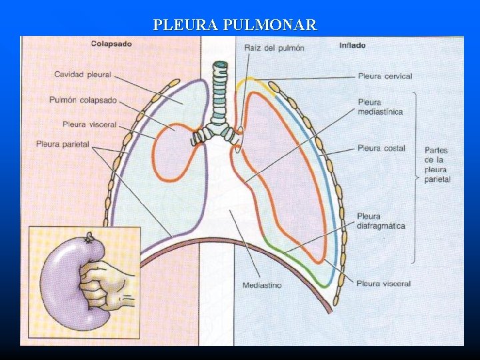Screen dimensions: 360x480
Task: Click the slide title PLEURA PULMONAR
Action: click(235, 25)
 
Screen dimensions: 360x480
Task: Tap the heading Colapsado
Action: click(111, 44)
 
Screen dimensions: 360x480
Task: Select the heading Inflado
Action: click(352, 45)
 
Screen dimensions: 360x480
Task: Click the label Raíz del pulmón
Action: click(274, 48)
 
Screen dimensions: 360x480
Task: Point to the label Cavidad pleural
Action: click(83, 74)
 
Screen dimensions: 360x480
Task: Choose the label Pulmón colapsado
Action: click(83, 100)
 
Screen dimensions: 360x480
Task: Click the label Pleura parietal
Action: click(63, 144)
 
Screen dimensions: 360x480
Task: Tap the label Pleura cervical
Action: click(385, 76)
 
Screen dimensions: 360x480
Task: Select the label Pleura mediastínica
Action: click(380, 107)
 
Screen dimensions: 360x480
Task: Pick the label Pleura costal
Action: click(381, 148)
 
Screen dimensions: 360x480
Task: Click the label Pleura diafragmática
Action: click(381, 221)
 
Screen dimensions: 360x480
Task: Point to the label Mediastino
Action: click(262, 285)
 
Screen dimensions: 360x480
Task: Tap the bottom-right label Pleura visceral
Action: click(383, 283)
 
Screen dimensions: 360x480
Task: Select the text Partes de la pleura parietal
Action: click(437, 165)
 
